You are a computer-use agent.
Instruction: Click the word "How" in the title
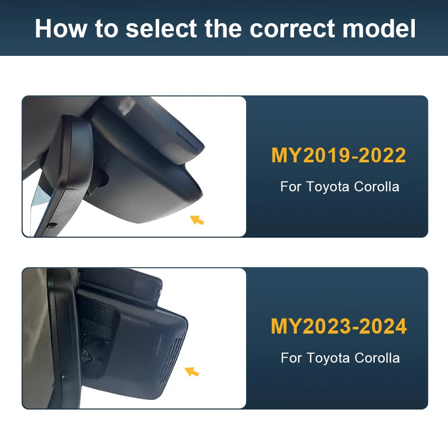pyautogui.click(x=61, y=28)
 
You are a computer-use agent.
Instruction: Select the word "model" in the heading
pyautogui.click(x=379, y=28)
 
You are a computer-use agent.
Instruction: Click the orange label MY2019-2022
pyautogui.click(x=338, y=155)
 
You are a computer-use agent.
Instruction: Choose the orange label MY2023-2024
pyautogui.click(x=338, y=326)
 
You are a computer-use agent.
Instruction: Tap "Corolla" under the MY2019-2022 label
pyautogui.click(x=376, y=187)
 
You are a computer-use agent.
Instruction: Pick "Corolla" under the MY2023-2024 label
pyautogui.click(x=377, y=358)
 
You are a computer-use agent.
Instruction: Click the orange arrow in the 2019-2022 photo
pyautogui.click(x=197, y=220)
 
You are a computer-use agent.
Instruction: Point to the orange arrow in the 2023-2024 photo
pyautogui.click(x=192, y=372)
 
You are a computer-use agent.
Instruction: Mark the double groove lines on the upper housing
pyautogui.click(x=187, y=141)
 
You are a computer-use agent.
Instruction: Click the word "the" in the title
pyautogui.click(x=223, y=28)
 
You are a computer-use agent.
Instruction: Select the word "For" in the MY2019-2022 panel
pyautogui.click(x=291, y=187)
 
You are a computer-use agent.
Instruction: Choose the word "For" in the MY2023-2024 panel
pyautogui.click(x=291, y=358)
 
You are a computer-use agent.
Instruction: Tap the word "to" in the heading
pyautogui.click(x=106, y=29)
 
